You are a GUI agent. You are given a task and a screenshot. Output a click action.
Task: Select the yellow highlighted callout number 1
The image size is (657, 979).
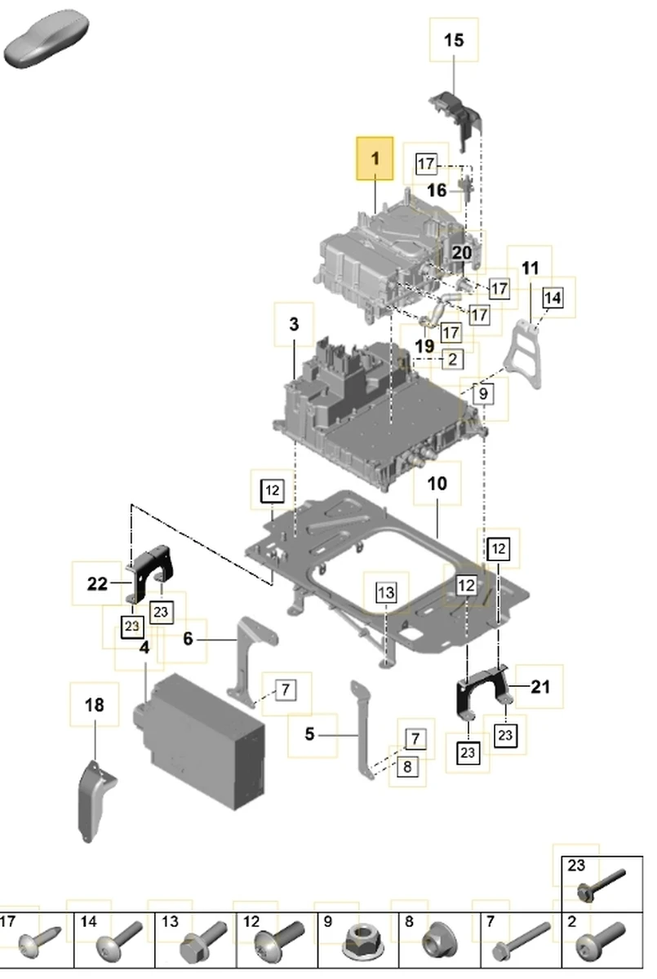[x=375, y=158]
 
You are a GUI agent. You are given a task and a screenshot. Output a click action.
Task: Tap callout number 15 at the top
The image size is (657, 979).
[x=454, y=39]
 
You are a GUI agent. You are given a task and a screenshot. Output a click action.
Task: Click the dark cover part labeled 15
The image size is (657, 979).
[x=457, y=114]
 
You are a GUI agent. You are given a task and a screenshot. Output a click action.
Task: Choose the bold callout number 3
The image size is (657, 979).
[x=294, y=324]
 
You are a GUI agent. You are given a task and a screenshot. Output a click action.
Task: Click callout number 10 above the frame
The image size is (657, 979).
[x=437, y=483]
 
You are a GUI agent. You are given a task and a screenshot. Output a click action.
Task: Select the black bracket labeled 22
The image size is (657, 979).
[x=152, y=571]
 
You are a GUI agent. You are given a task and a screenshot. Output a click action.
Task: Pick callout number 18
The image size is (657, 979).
[x=95, y=705]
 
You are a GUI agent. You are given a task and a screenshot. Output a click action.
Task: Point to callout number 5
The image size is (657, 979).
[x=309, y=734]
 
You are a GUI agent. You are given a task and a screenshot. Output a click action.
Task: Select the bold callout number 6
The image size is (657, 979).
[x=188, y=639]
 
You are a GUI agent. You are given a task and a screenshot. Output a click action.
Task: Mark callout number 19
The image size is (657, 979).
[x=424, y=346]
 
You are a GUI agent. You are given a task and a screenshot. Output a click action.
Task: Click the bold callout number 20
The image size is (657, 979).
[x=462, y=253]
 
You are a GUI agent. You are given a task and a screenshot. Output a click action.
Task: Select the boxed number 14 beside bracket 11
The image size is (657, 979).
[x=553, y=298]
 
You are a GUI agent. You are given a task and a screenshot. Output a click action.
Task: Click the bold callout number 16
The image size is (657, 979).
[x=437, y=190]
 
